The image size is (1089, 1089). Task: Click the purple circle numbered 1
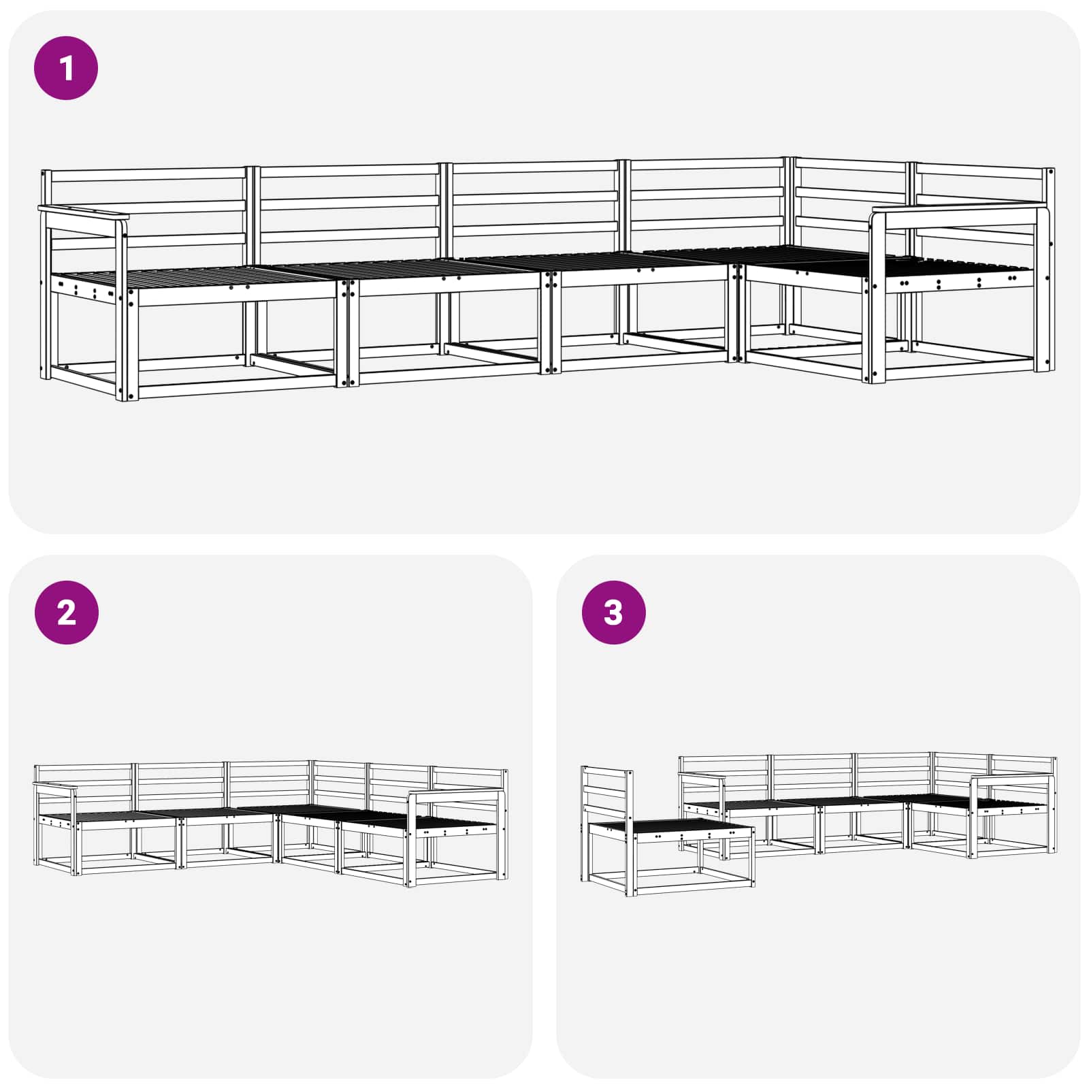tap(66, 68)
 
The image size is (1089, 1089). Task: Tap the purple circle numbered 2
tap(66, 613)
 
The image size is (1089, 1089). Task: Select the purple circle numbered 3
tap(613, 613)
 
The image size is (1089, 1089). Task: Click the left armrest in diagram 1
tap(83, 212)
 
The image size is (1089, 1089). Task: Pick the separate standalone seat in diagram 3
tap(668, 830)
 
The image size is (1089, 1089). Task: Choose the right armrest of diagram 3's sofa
tap(1013, 778)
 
